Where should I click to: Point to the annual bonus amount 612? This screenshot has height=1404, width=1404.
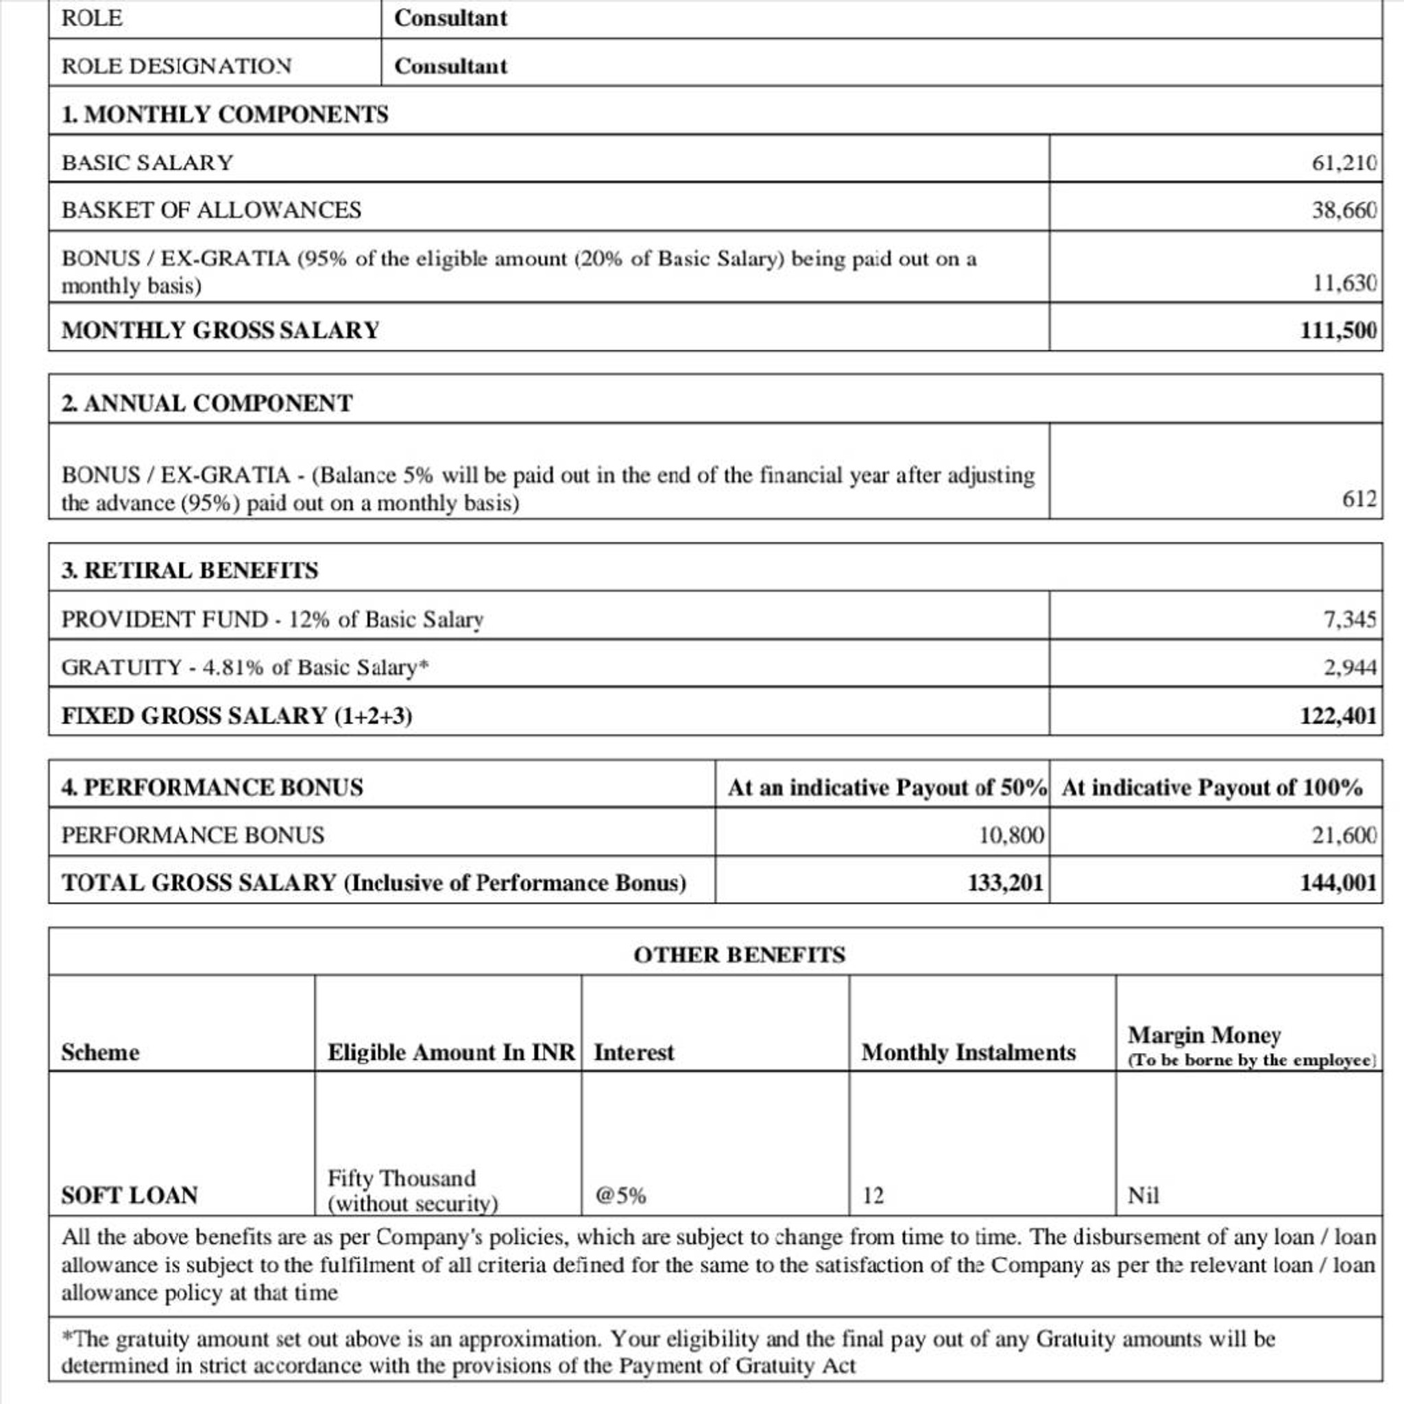pyautogui.click(x=1358, y=498)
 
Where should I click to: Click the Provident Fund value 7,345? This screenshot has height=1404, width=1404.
pyautogui.click(x=1348, y=619)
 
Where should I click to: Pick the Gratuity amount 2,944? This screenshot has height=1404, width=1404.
pyautogui.click(x=1348, y=667)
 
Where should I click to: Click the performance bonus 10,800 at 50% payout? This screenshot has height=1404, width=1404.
pyautogui.click(x=1011, y=835)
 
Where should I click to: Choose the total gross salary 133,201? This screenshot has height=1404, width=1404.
pyautogui.click(x=1005, y=883)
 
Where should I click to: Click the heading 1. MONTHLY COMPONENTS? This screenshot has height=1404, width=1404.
pyautogui.click(x=225, y=114)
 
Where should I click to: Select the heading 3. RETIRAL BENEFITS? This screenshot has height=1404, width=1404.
pyautogui.click(x=190, y=570)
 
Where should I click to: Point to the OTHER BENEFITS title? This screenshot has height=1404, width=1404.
pyautogui.click(x=739, y=954)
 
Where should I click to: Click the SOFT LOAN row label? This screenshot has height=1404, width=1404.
pyautogui.click(x=130, y=1196)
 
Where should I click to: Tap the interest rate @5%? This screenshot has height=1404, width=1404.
pyautogui.click(x=620, y=1196)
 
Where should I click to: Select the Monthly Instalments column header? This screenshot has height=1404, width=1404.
pyautogui.click(x=968, y=1052)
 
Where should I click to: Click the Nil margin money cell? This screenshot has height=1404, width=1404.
pyautogui.click(x=1143, y=1196)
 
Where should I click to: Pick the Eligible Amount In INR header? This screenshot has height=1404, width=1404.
pyautogui.click(x=450, y=1052)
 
